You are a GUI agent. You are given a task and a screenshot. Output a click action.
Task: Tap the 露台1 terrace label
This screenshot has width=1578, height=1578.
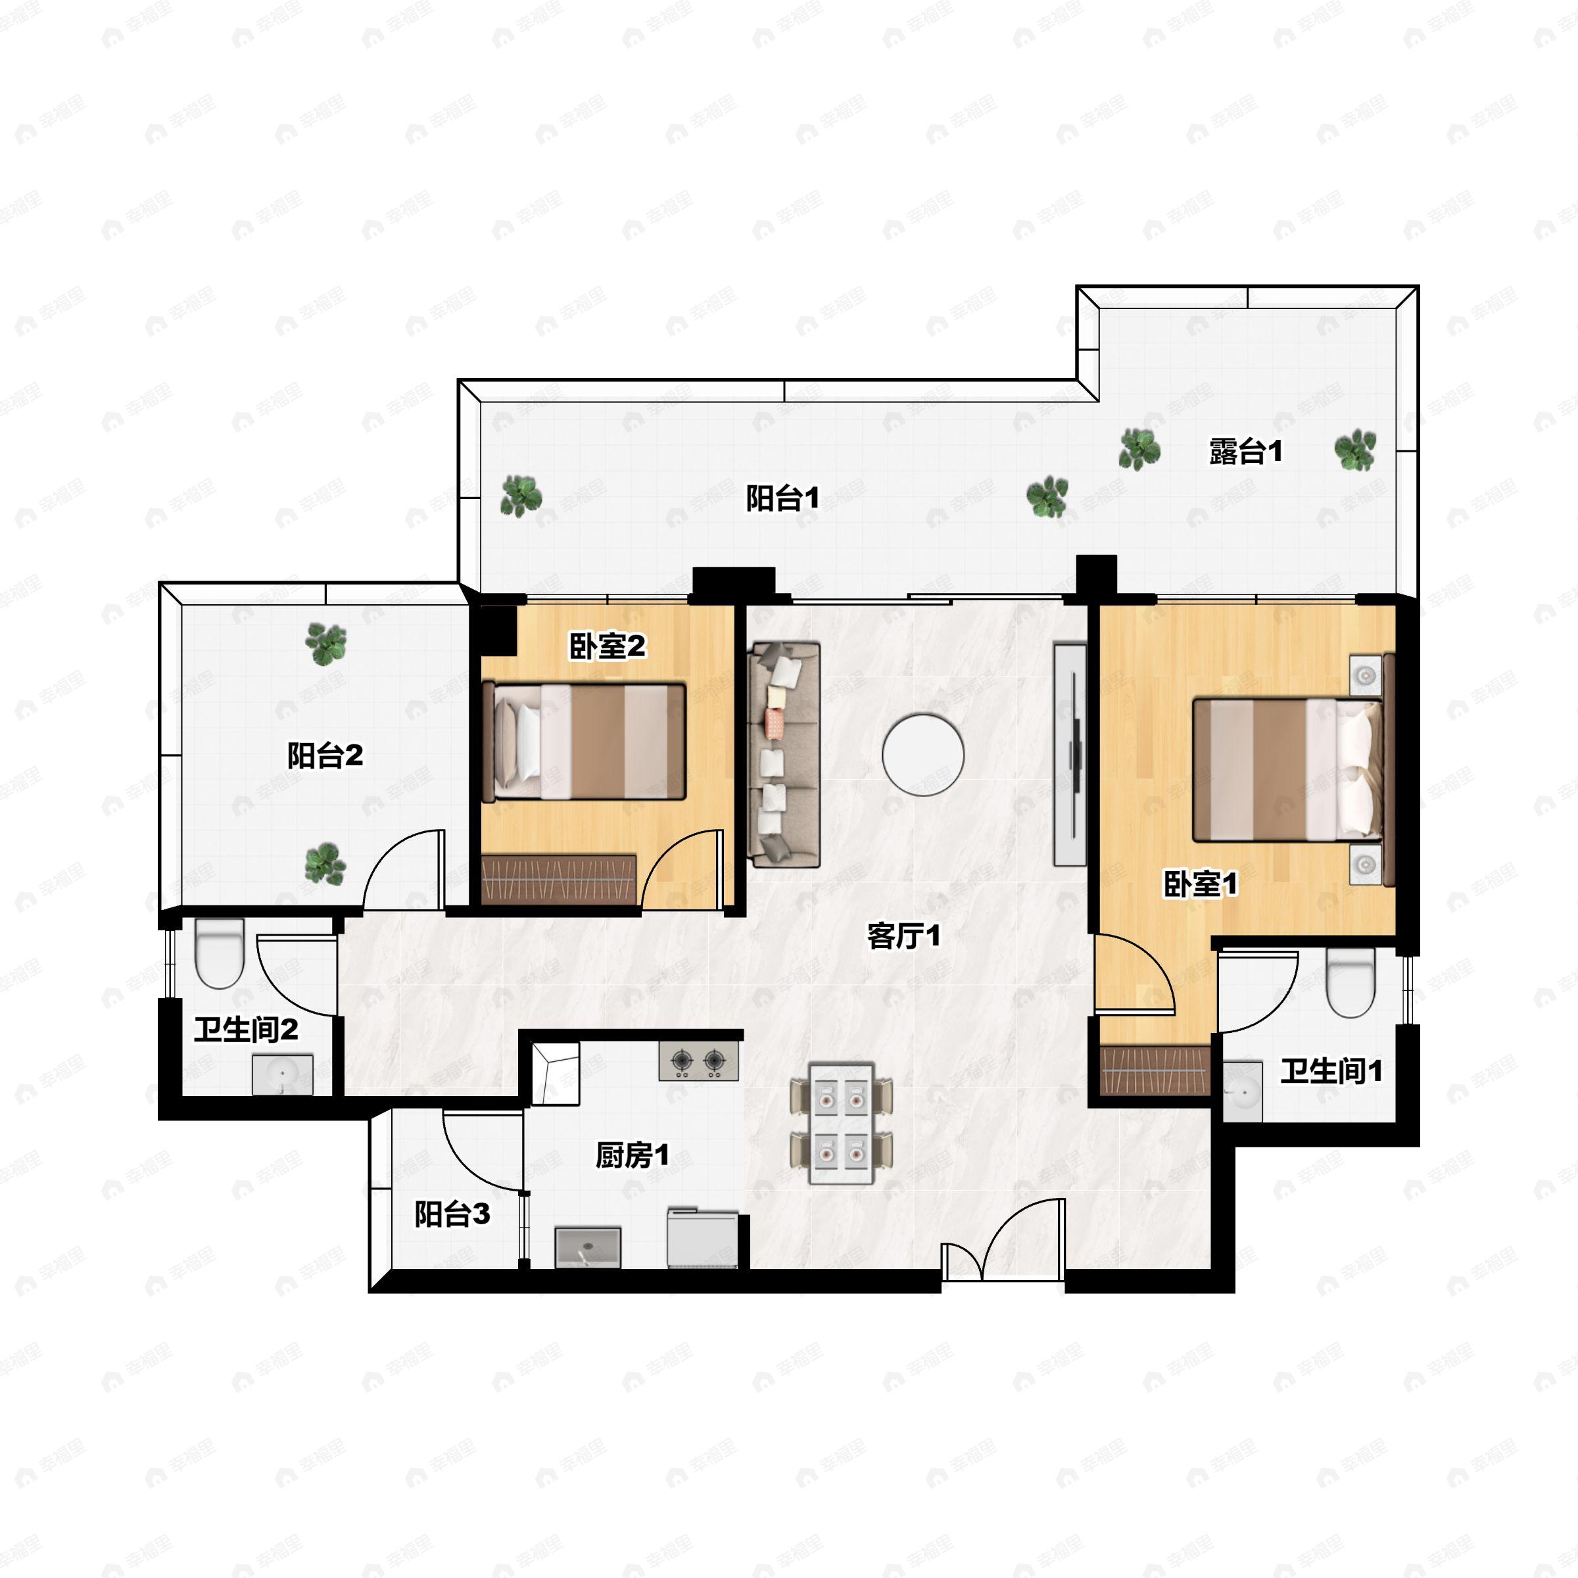[1245, 451]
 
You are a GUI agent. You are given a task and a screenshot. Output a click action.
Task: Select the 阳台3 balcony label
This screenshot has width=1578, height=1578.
[452, 1214]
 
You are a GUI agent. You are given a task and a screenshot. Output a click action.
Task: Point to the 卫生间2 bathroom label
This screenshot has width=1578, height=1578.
[246, 1030]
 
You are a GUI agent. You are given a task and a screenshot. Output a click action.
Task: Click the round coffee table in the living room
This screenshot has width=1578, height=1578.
[923, 755]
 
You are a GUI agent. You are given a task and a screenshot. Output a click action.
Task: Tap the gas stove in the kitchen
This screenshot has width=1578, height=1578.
[698, 1060]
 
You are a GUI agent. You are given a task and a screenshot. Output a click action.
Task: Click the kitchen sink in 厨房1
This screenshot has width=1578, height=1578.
[587, 1247]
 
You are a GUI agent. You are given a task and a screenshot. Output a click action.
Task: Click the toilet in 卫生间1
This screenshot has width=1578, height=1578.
[1351, 982]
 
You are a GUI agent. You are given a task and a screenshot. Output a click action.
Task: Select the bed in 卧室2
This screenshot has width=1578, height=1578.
[584, 742]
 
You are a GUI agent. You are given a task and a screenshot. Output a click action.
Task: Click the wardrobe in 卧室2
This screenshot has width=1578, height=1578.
[559, 880]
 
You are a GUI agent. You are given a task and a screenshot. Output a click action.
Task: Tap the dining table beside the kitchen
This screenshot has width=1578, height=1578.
[842, 1123]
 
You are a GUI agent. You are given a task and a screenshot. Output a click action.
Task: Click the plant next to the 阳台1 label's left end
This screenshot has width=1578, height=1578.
[521, 496]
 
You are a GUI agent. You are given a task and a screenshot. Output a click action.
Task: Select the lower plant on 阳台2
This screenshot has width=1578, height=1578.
[325, 863]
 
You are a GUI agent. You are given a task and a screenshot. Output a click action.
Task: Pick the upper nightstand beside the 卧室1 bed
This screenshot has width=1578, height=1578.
[1365, 675]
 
